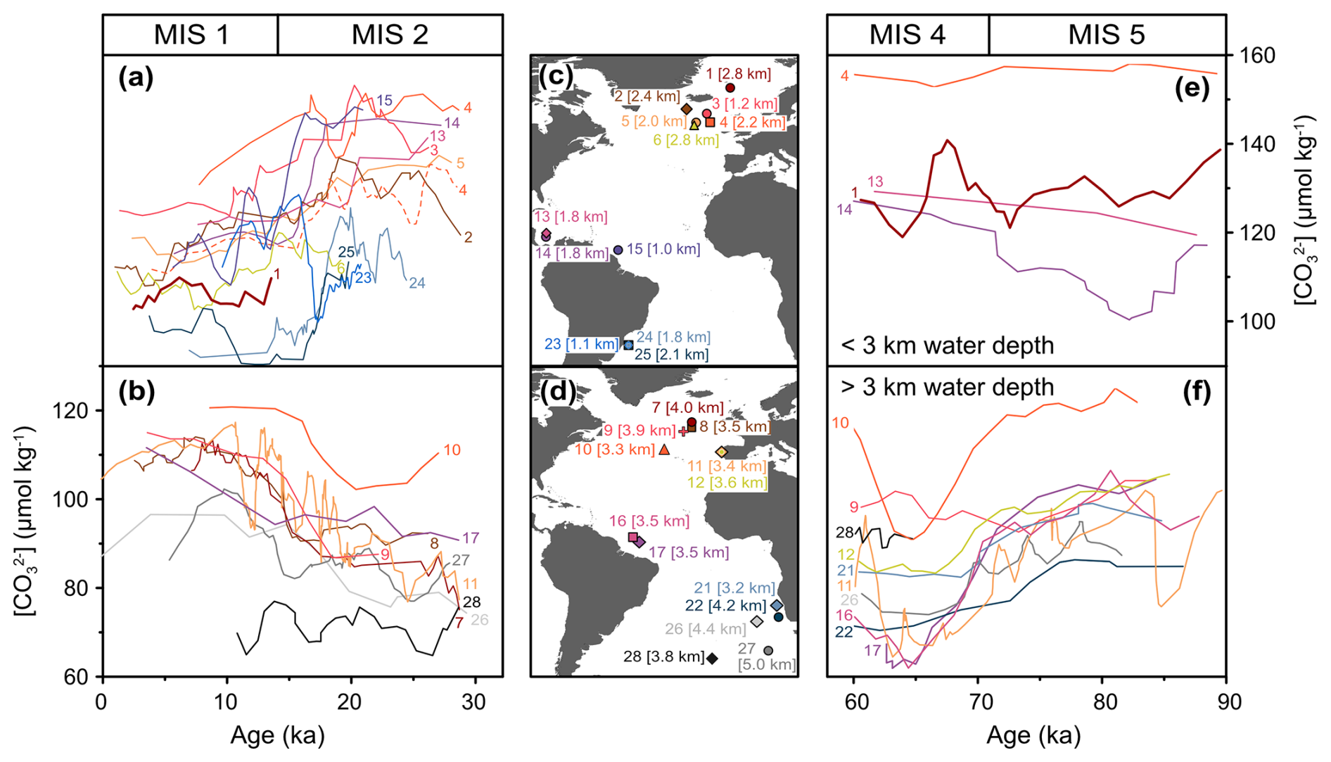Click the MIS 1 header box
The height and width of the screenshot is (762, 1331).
191,34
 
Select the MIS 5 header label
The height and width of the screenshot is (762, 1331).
1106,34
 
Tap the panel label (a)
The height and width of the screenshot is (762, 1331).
136,78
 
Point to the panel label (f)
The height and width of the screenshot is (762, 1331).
1197,391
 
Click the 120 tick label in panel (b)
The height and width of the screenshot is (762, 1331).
71,410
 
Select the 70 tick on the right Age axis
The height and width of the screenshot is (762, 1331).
979,701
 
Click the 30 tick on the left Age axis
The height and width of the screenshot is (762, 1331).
476,701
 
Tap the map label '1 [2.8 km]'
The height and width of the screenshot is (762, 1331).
739,73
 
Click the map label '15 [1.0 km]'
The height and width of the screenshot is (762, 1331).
663,249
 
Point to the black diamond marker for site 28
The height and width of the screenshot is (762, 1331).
712,659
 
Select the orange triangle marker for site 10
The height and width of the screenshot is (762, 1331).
664,449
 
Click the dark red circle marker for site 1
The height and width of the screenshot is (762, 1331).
730,88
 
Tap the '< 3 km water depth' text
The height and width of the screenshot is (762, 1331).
948,345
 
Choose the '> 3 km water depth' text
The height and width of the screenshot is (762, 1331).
948,387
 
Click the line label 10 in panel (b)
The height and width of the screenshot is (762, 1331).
452,450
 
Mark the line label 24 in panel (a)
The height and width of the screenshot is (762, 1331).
417,283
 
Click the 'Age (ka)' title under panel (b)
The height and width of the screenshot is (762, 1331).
277,735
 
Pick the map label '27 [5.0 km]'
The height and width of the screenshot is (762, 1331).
766,656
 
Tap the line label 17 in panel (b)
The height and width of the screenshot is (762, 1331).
471,538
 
